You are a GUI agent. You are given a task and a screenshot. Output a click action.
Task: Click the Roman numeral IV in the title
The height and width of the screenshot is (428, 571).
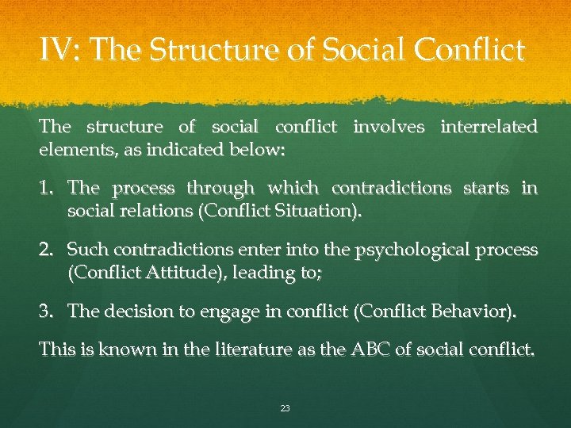coord(59,51)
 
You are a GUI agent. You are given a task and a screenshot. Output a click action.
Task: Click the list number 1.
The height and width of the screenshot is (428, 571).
coord(47,189)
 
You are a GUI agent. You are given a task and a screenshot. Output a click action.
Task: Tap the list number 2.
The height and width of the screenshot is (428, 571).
coord(47,250)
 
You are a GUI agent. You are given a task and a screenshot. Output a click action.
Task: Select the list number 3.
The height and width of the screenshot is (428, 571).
coord(47,311)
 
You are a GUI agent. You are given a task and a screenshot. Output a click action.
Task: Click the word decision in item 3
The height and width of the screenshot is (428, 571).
coord(132,311)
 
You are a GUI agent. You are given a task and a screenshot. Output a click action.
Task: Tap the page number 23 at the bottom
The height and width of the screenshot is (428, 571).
coord(285,409)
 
